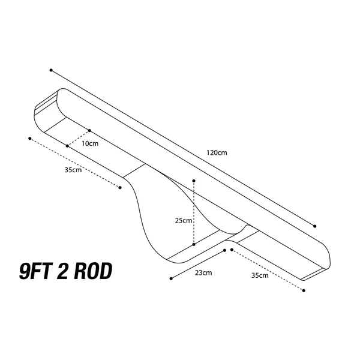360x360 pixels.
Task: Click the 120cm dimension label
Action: (217, 152)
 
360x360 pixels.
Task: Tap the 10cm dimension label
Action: (90, 143)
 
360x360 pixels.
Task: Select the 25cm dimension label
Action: (184, 220)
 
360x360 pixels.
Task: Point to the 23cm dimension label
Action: (203, 273)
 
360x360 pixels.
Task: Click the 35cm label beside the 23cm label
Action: (260, 275)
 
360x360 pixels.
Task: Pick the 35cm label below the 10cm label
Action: (73, 170)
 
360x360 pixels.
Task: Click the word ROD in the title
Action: (93, 271)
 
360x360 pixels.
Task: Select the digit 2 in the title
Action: (62, 271)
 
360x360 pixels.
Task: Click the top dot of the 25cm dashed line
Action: (194, 181)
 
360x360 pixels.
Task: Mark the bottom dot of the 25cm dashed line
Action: (194, 245)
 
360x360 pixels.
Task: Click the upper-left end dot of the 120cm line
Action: (51, 70)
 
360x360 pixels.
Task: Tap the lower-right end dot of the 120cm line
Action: (315, 226)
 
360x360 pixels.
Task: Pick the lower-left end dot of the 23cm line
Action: (171, 278)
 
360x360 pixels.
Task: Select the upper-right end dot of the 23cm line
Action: (225, 250)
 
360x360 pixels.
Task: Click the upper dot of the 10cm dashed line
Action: (89, 131)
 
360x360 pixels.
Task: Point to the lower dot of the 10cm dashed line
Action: (67, 146)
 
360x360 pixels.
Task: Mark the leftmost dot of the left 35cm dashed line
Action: (30, 139)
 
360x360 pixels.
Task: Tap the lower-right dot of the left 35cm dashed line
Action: (120, 188)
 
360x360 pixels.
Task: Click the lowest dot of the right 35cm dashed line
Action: (304, 290)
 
